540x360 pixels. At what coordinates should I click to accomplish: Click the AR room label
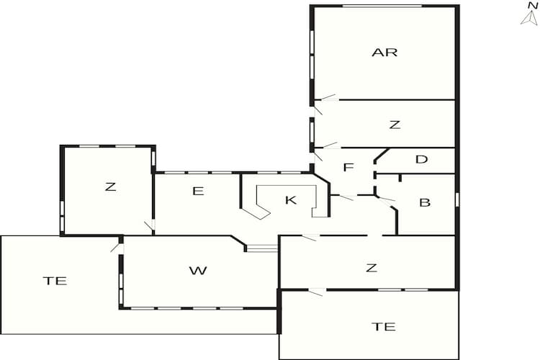(x=384, y=53)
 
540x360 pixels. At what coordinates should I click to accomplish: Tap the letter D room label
(x=422, y=159)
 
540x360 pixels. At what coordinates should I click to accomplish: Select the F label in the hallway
(x=348, y=168)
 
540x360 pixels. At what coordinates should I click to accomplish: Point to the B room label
(x=425, y=202)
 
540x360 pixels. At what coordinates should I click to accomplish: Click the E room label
(x=199, y=191)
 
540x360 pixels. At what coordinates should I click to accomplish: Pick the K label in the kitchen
(x=291, y=200)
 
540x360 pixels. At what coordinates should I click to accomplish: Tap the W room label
(x=198, y=271)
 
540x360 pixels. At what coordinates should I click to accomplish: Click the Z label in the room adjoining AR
(x=394, y=125)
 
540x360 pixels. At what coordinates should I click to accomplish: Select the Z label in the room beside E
(x=110, y=187)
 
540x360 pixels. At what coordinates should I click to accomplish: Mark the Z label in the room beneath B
(x=371, y=269)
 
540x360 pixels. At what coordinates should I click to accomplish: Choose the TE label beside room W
(x=55, y=281)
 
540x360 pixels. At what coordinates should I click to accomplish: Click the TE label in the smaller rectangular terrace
(x=383, y=326)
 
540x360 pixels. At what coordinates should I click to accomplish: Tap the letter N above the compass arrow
(x=531, y=5)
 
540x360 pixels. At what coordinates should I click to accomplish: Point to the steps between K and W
(x=262, y=248)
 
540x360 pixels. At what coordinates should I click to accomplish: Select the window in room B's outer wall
(x=457, y=199)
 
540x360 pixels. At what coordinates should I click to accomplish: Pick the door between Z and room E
(x=149, y=226)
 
